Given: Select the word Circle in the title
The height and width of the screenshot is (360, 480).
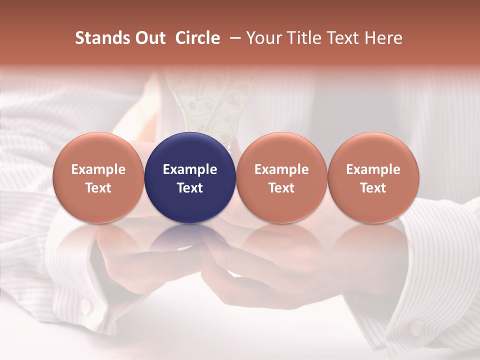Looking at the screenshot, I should tap(197, 38).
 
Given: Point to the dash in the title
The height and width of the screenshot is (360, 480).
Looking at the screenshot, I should tap(233, 38).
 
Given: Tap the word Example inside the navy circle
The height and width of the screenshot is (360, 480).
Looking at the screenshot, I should tap(190, 169).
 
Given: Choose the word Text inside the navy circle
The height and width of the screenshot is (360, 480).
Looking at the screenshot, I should tap(190, 188).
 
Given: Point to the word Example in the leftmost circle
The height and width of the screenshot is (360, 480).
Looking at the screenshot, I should tap(98, 169).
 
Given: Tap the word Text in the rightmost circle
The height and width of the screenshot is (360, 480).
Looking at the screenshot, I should tap(373, 188).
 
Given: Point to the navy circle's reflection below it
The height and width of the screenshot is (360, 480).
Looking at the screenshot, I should tap(190, 237).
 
